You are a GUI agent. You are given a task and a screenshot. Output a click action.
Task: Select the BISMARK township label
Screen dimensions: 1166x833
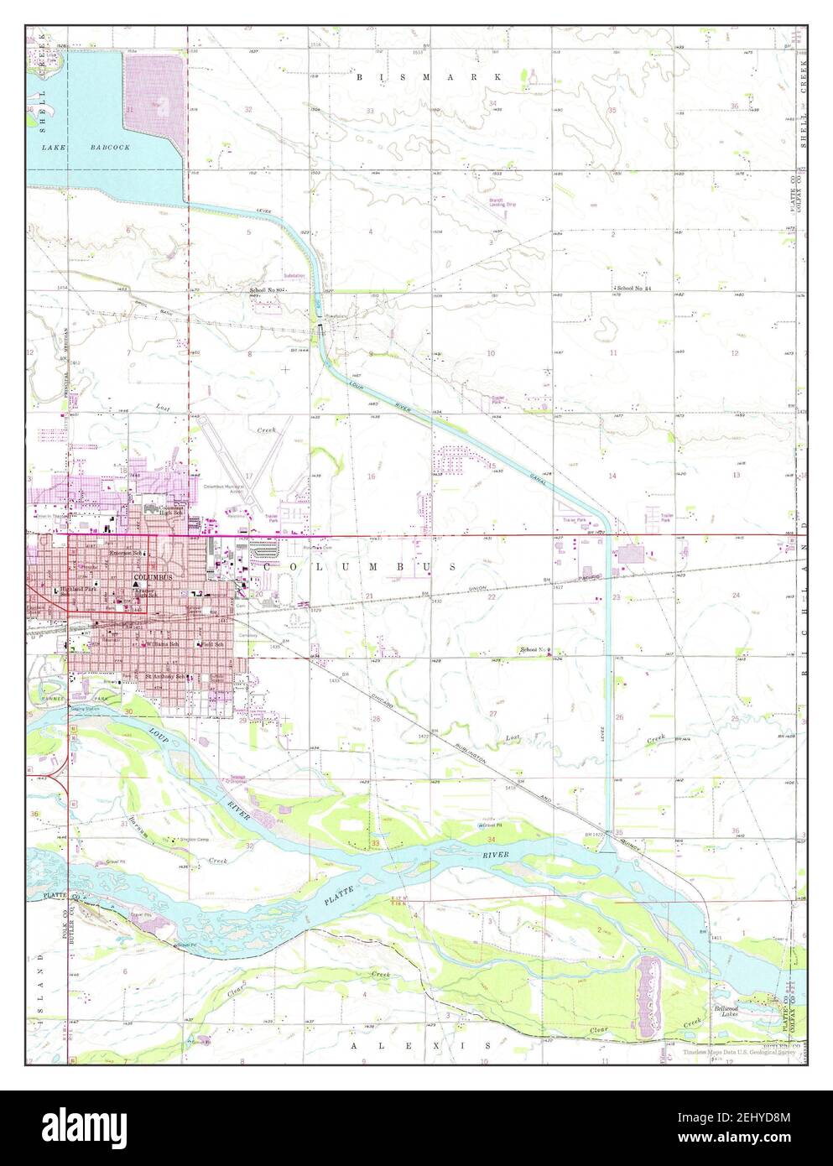[x=429, y=76]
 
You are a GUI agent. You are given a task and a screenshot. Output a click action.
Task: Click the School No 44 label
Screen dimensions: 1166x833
[x=632, y=288]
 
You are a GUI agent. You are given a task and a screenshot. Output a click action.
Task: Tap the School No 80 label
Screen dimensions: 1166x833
[x=267, y=290]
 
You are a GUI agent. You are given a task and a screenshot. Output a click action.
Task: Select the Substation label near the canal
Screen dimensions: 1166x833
[x=294, y=275]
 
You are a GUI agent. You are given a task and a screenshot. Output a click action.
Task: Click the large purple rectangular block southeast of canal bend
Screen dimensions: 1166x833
[x=638, y=555]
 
